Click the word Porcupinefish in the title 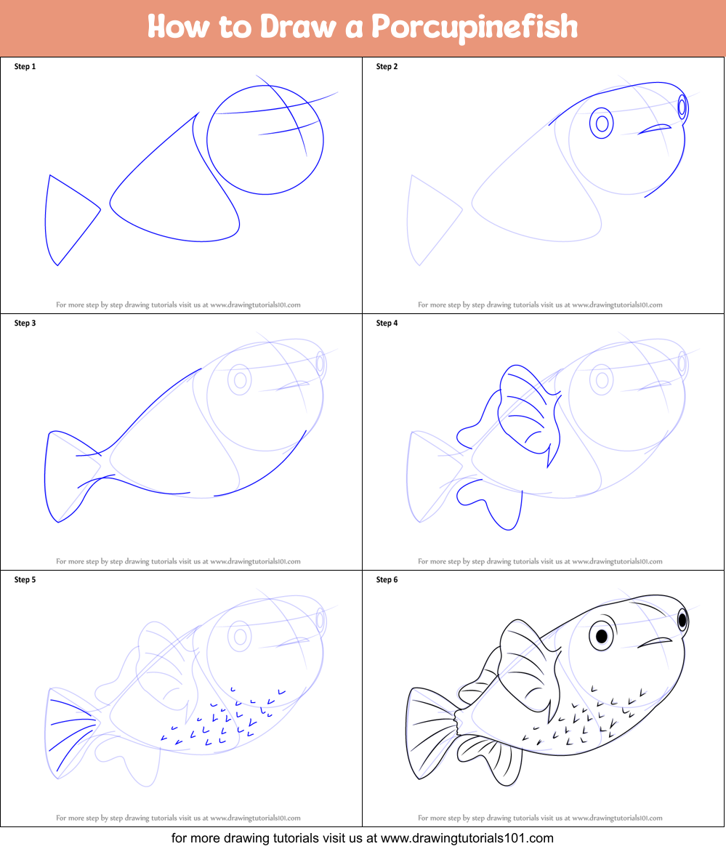pos(474,28)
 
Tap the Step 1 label pos(25,67)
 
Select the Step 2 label pos(387,67)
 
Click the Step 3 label pos(25,323)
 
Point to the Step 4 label pos(387,323)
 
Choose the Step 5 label pos(25,580)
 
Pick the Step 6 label pos(387,580)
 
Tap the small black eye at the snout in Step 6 pos(682,620)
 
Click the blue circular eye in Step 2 pos(602,124)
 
